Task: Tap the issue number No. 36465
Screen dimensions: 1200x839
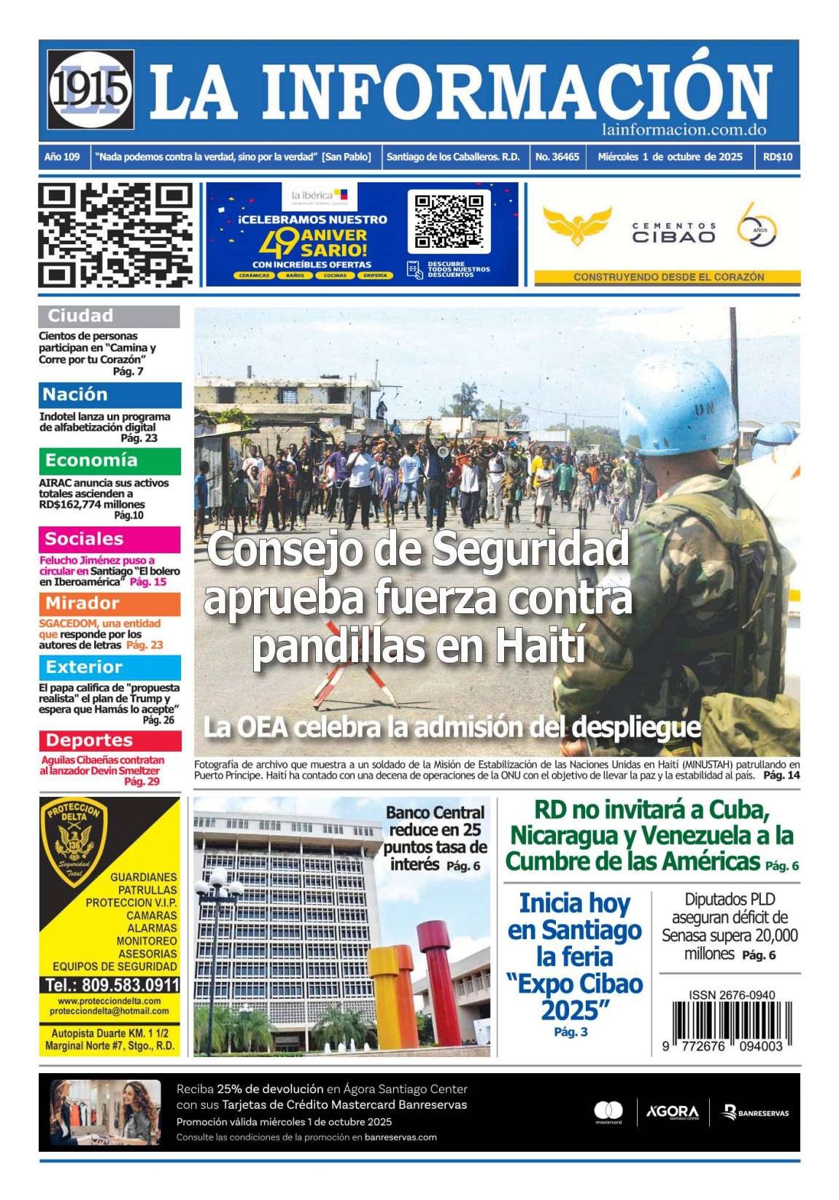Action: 557,157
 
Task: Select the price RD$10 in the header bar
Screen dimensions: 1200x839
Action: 778,157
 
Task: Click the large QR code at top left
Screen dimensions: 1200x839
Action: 115,235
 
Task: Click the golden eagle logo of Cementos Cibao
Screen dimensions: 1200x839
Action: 578,225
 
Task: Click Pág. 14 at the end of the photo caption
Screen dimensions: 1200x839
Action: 781,776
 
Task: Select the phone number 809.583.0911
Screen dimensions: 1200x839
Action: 109,985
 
